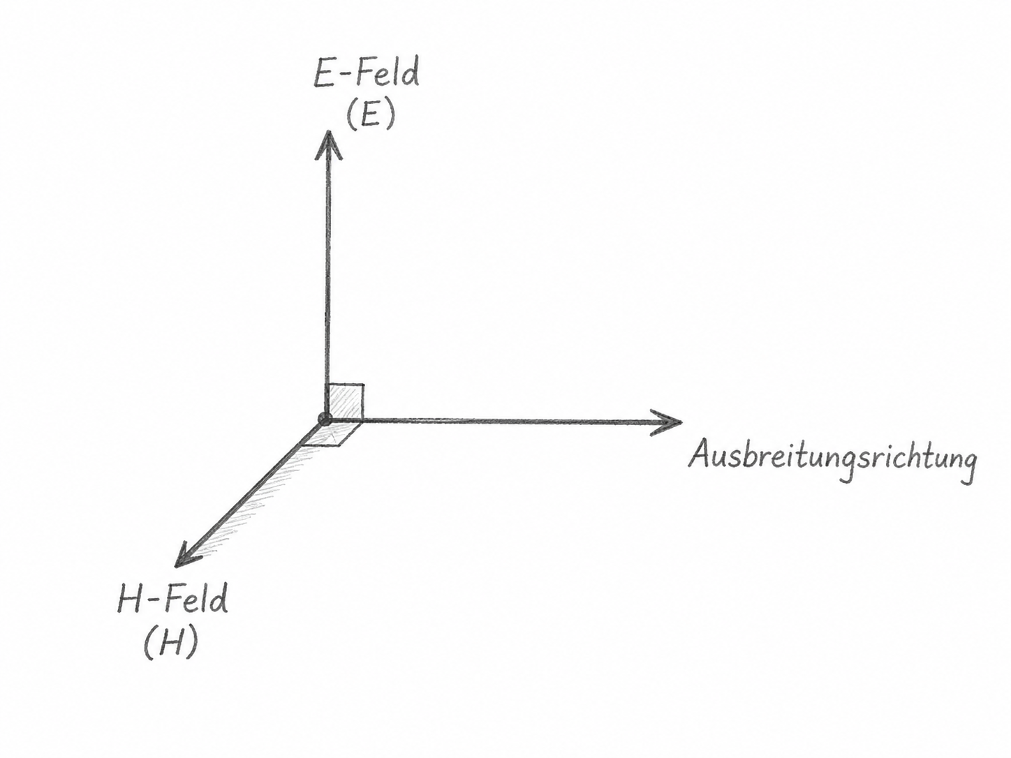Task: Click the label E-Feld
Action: point(366,73)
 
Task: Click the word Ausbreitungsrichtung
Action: point(832,460)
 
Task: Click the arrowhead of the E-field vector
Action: point(328,145)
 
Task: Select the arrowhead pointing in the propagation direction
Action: point(666,422)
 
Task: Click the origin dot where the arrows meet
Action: point(325,419)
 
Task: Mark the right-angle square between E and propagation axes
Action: point(345,401)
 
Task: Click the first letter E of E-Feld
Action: point(323,74)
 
